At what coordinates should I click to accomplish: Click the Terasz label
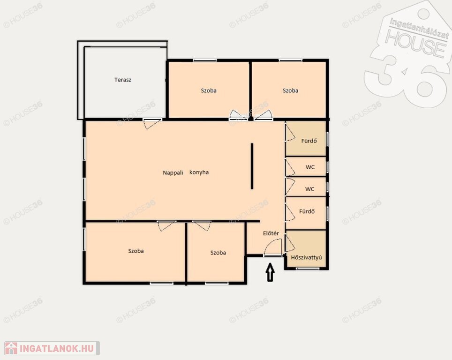coord(123,80)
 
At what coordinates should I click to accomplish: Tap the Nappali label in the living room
coord(173,172)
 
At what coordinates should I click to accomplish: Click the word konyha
coord(199,172)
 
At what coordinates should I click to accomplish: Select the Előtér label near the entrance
coord(271,233)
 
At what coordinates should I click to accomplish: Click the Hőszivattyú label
coord(307,257)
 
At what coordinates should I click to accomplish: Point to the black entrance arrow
coord(270,272)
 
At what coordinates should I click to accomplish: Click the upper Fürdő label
coord(309,141)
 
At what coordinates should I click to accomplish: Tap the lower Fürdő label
coord(307,211)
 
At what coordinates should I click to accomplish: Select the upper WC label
coord(310,167)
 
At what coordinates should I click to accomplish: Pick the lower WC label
coord(309,189)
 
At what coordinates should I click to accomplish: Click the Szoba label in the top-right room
coord(290,90)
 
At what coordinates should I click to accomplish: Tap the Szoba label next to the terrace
coord(209,90)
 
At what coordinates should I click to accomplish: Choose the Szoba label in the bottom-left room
coord(136,251)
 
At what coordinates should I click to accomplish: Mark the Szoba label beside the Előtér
coord(218,253)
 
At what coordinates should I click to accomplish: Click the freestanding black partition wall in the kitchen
coord(252,166)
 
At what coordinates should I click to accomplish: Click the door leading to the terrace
coord(152,124)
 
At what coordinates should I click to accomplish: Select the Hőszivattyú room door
coord(290,244)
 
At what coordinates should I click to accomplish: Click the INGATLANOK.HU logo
coord(52,348)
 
